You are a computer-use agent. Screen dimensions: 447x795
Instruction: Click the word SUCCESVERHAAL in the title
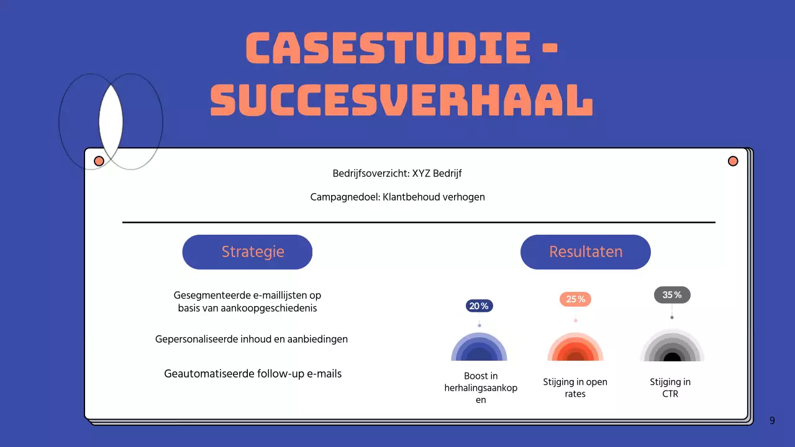click(401, 101)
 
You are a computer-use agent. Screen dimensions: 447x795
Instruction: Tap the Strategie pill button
click(247, 252)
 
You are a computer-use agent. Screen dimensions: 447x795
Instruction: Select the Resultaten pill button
click(585, 252)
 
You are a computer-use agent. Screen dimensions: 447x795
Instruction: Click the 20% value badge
click(479, 306)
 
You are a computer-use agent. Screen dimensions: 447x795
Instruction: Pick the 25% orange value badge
click(575, 299)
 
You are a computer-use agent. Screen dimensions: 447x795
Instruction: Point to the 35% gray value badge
click(672, 295)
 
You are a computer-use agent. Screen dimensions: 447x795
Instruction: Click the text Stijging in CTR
click(670, 388)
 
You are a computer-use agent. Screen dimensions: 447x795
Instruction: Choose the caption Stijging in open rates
click(575, 388)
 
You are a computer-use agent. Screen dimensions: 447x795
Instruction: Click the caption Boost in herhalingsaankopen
click(481, 388)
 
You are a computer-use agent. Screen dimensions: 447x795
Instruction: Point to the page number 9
click(772, 421)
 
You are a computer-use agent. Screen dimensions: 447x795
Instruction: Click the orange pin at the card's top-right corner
click(733, 161)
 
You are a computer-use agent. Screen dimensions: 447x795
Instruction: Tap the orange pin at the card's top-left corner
click(99, 161)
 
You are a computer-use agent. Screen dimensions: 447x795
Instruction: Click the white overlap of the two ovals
click(111, 121)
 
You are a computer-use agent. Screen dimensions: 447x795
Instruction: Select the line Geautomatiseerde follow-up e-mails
click(253, 374)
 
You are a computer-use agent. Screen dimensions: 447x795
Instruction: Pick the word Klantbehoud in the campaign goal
click(411, 197)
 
